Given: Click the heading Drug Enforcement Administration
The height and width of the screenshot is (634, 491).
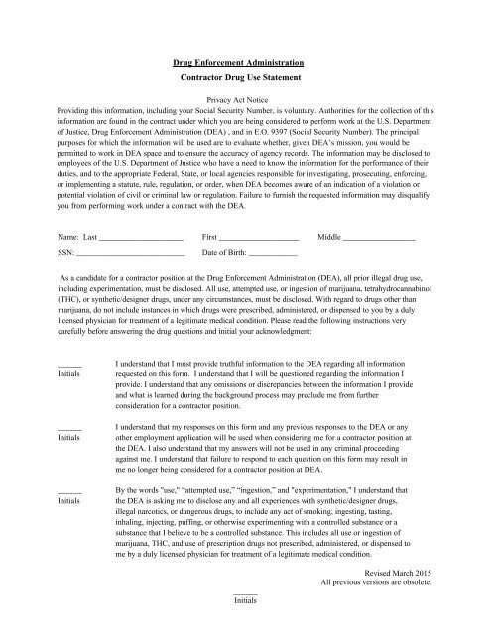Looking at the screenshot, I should (x=245, y=62).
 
